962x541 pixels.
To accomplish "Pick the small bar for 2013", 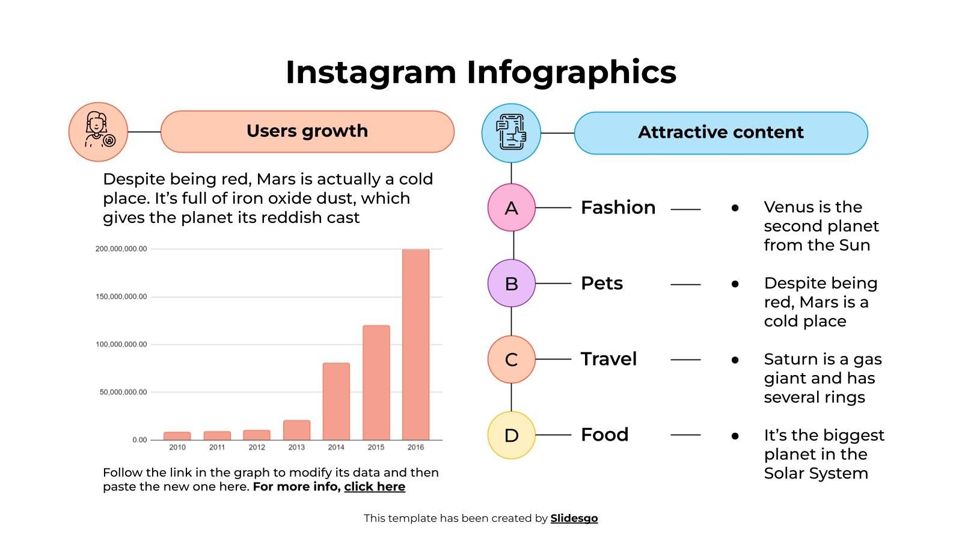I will coord(296,430).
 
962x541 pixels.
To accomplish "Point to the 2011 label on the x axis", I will coord(217,447).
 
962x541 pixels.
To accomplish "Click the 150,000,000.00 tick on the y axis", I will coord(121,296).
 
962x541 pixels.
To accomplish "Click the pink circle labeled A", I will coord(511,208).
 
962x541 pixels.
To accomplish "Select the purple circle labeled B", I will coord(511,283).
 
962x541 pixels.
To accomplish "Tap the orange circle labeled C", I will coord(511,359).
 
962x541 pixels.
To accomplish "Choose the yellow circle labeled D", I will coord(511,435).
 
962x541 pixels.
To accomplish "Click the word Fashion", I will coord(618,207).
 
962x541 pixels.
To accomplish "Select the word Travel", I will coord(608,359).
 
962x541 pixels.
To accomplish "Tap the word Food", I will coord(604,435).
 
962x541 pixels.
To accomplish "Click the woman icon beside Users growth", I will coord(98,132).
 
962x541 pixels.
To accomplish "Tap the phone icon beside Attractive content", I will coord(511,133).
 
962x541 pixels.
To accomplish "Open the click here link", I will coord(375,487).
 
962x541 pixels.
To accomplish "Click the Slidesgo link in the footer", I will coord(574,518).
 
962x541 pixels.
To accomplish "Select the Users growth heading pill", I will coord(307,131).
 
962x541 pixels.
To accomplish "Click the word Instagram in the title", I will coord(370,72).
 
